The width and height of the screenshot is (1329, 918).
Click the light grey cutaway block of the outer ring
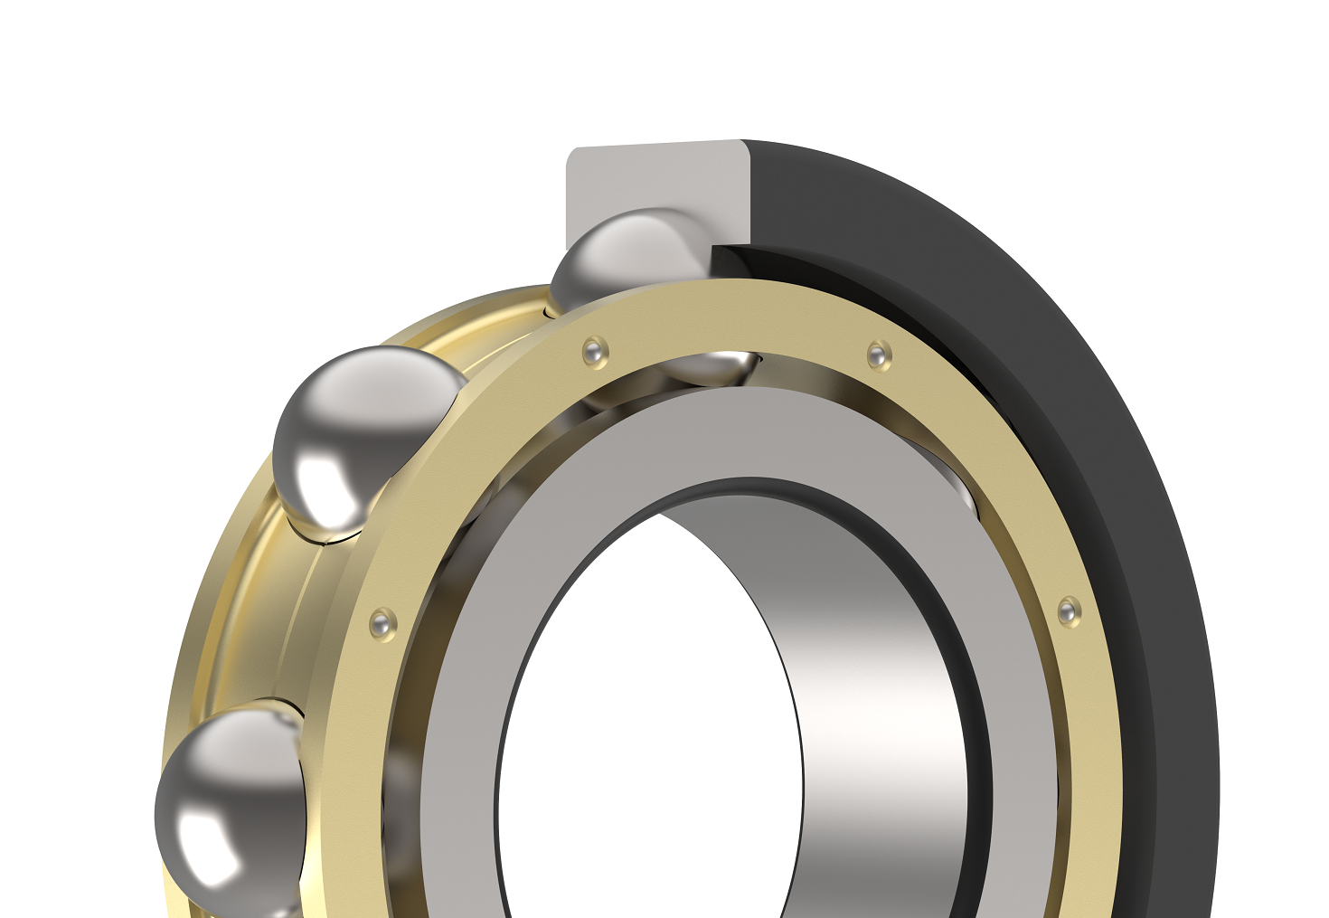coord(633,185)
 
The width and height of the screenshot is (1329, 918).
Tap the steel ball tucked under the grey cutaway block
coord(628,258)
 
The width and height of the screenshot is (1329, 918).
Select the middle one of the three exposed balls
coord(362,434)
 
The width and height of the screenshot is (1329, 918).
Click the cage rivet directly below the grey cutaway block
coord(595,351)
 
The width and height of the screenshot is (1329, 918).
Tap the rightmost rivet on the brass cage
coord(1069,610)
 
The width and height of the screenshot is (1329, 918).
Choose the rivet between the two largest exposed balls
coord(382,622)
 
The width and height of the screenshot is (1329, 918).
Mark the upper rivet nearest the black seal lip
coord(878,354)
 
